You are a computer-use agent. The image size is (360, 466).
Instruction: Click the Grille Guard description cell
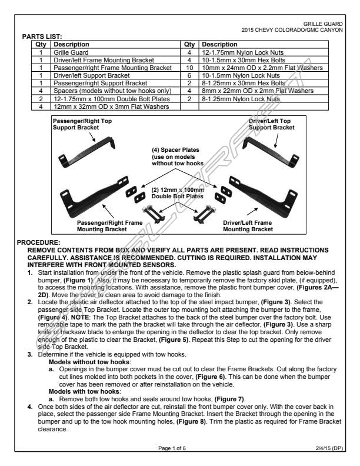click(x=71, y=52)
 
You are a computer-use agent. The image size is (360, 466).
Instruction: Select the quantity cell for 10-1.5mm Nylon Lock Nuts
click(x=189, y=75)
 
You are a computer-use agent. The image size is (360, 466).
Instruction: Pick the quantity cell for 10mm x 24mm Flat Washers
click(x=189, y=68)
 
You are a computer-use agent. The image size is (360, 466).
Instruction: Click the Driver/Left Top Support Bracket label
click(x=271, y=124)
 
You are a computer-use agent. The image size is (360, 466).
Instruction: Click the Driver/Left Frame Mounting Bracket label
click(x=247, y=226)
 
